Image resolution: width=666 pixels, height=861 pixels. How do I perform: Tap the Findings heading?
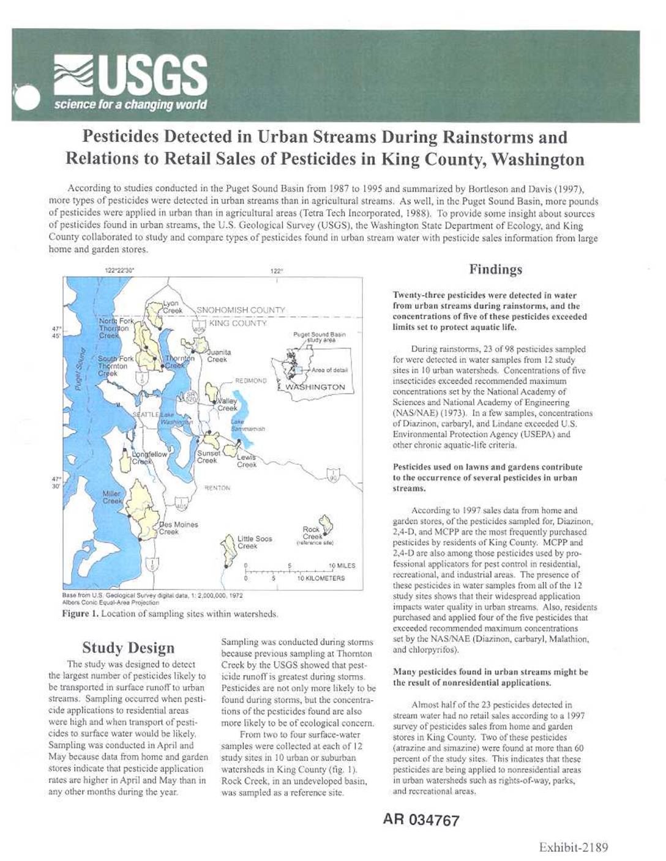tap(495, 269)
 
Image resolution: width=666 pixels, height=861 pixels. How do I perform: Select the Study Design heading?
tap(128, 648)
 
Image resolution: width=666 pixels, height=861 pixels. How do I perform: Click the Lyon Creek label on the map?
tap(172, 307)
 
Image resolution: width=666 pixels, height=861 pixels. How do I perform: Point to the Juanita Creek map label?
tap(218, 356)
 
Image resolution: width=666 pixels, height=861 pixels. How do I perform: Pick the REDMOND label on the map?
tap(251, 380)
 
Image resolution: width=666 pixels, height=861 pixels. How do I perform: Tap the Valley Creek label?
tap(227, 405)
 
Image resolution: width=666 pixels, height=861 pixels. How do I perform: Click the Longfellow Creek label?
tap(149, 458)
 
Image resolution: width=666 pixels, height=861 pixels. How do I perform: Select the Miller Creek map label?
tap(112, 497)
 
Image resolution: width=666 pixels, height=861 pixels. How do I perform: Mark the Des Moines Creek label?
tap(178, 528)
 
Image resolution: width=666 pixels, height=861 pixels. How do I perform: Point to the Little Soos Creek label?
tap(255, 542)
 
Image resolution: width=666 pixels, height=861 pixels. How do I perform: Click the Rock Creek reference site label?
tap(313, 534)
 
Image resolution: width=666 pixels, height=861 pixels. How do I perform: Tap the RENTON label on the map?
tap(217, 488)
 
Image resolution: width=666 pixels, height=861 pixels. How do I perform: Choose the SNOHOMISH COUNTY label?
tap(241, 310)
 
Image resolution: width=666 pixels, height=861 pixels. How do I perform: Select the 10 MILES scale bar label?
tap(342, 566)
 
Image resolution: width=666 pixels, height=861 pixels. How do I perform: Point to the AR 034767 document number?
tap(421, 820)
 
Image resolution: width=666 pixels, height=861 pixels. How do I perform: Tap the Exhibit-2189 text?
tap(573, 847)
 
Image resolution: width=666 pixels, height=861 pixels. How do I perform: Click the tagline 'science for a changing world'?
tap(130, 105)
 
